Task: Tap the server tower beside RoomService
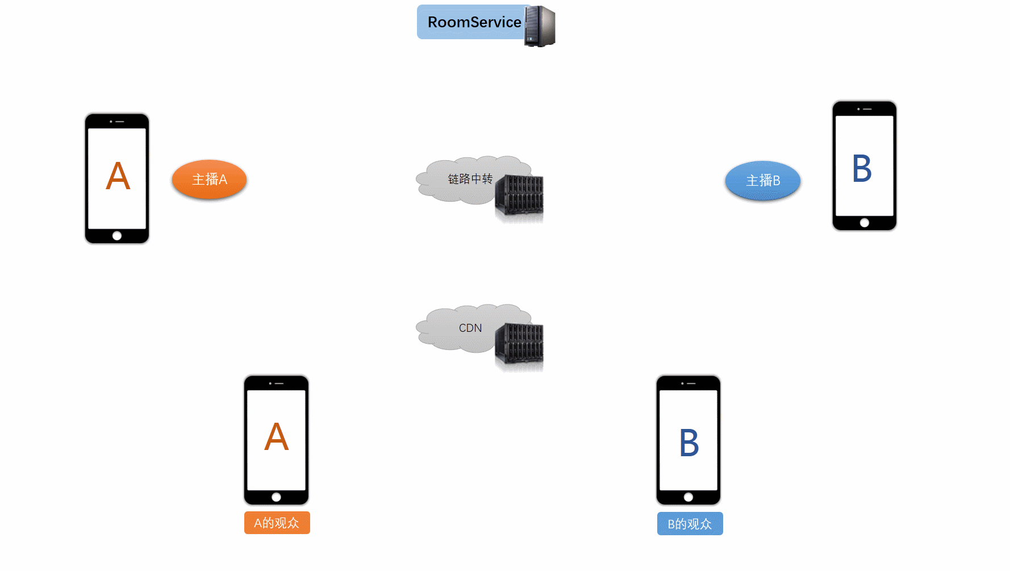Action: click(x=540, y=26)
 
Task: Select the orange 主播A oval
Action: click(x=209, y=180)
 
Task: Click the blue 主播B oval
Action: click(x=763, y=181)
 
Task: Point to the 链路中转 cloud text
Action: click(x=470, y=179)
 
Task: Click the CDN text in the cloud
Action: click(x=470, y=328)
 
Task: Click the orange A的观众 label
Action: click(x=277, y=523)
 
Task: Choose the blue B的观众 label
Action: click(x=690, y=524)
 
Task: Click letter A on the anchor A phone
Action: click(x=118, y=176)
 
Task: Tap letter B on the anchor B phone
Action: click(x=862, y=169)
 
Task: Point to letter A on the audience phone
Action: click(x=277, y=437)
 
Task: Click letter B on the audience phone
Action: click(x=689, y=443)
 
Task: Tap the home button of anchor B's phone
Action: click(x=865, y=223)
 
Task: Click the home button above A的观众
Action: click(x=276, y=497)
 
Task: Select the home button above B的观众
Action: click(x=688, y=497)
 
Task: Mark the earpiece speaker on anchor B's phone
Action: click(x=867, y=109)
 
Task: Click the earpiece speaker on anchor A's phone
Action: click(x=119, y=122)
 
